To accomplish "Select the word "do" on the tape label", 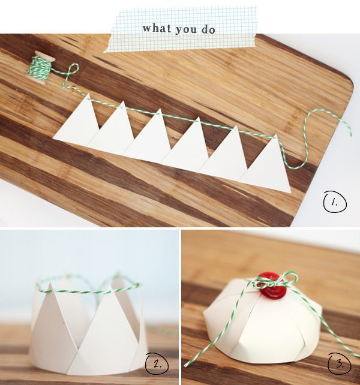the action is pos(208,29).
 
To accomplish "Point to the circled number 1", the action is pos(335,203).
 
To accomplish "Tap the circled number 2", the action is pos(157,364).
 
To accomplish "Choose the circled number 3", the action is pos(340,364).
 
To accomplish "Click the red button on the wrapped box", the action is pos(273,285).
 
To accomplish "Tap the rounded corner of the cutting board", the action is pos(349,81).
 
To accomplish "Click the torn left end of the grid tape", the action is pos(107,43).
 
